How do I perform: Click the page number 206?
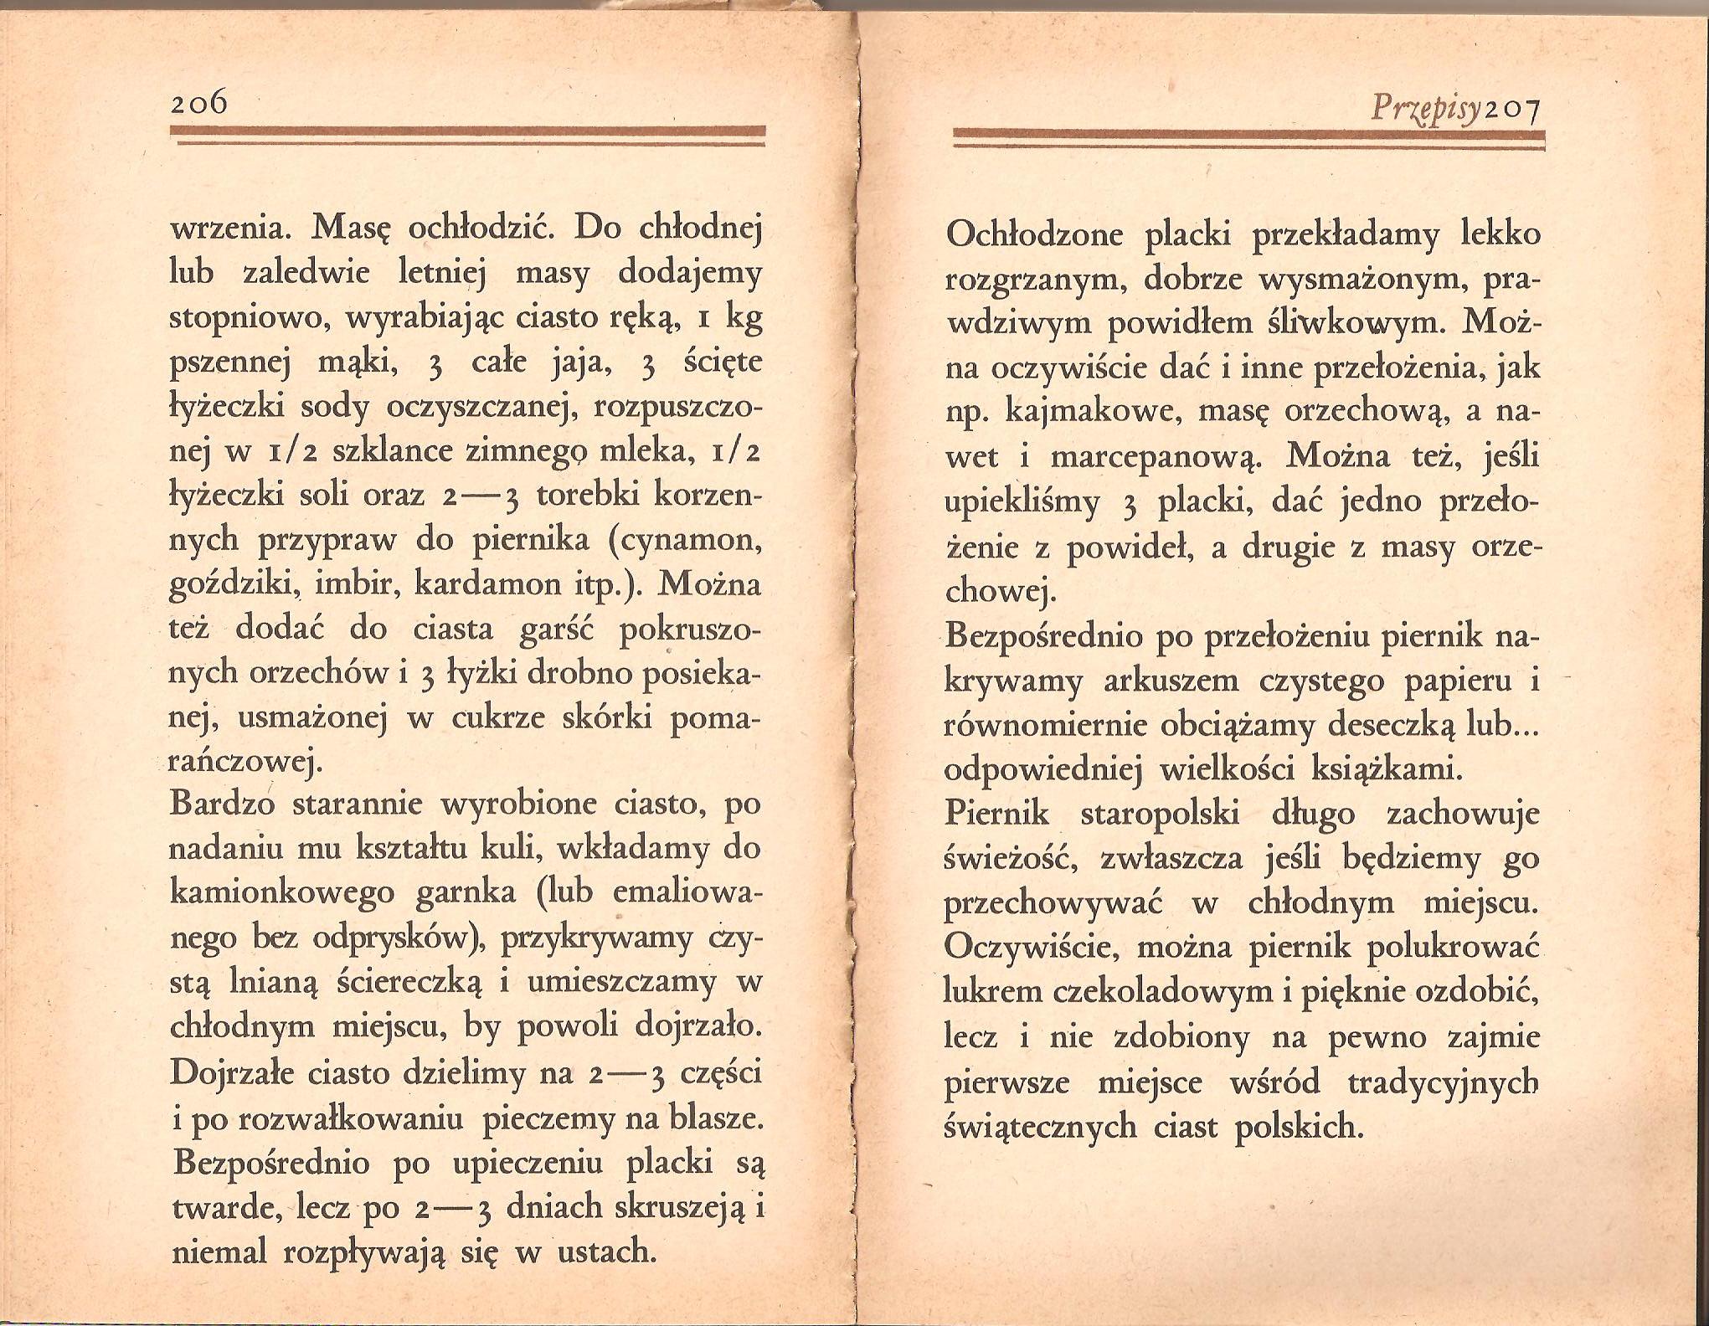click(198, 103)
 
